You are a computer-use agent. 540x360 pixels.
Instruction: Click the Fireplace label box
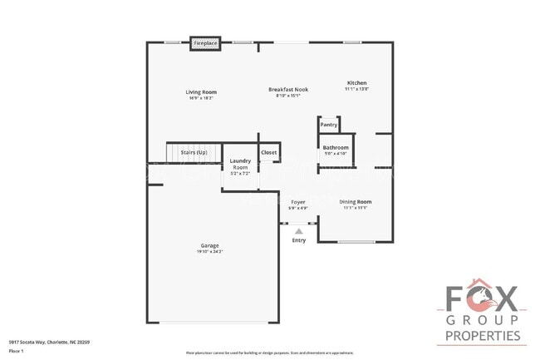click(x=205, y=42)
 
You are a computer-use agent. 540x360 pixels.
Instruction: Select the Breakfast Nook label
click(x=288, y=89)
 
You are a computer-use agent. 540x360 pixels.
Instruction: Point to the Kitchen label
click(x=356, y=83)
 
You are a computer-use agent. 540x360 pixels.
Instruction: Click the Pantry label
click(x=329, y=125)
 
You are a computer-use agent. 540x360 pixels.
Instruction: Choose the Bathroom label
click(x=335, y=147)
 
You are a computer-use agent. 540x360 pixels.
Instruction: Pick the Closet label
click(x=269, y=153)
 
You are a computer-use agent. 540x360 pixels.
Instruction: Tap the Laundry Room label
click(x=239, y=164)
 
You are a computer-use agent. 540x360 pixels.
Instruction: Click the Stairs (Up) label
click(x=182, y=153)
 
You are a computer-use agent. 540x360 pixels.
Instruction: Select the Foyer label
click(x=297, y=202)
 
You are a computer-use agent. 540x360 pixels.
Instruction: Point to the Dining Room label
click(x=356, y=202)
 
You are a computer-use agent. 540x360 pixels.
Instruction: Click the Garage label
click(x=209, y=245)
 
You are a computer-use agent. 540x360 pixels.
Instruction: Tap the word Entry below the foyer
click(x=299, y=240)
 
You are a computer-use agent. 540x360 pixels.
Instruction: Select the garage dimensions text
click(x=209, y=251)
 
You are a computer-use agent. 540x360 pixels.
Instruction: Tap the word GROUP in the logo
click(x=482, y=320)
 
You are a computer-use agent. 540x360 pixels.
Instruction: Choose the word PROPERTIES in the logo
click(x=482, y=336)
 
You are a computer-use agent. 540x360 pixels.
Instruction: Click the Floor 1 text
click(x=17, y=349)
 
